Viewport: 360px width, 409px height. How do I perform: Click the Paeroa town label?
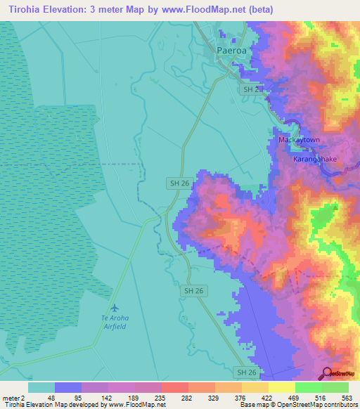pyautogui.click(x=231, y=51)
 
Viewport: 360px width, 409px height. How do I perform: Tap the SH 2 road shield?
pyautogui.click(x=248, y=91)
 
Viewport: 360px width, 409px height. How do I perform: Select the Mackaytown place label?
pyautogui.click(x=299, y=140)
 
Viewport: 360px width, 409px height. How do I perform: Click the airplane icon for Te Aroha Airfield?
pyautogui.click(x=115, y=308)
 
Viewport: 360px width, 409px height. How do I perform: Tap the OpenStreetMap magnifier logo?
pyautogui.click(x=327, y=373)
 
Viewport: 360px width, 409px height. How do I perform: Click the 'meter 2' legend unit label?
pyautogui.click(x=14, y=397)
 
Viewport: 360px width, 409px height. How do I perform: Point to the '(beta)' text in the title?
pyautogui.click(x=259, y=10)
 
